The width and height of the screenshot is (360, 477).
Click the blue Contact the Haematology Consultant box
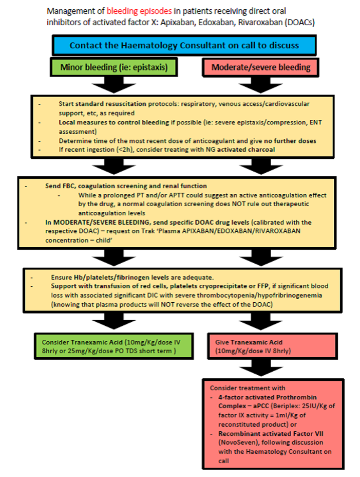click(x=184, y=45)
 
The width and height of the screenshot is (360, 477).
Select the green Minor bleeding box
click(x=110, y=67)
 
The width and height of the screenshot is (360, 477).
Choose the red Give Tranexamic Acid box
click(x=257, y=346)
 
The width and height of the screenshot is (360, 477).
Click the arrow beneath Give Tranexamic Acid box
click(x=257, y=368)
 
